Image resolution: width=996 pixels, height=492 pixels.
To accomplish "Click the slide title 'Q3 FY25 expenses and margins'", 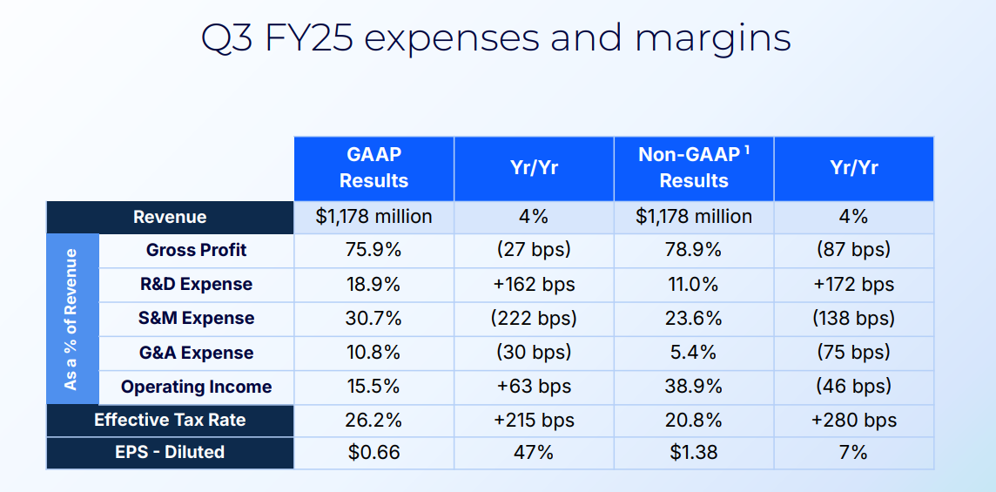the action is (496, 39).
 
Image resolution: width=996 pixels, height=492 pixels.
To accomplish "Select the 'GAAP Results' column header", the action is (373, 168).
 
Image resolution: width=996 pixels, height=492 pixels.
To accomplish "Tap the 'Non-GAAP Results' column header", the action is (694, 168).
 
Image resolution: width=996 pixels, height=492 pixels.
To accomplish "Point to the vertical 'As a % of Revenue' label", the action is (71, 319).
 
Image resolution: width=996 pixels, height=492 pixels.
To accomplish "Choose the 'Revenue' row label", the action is (170, 217).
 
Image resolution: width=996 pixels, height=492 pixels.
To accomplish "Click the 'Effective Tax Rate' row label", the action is (170, 421).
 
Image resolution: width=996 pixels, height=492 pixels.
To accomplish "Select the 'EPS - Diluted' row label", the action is (170, 452).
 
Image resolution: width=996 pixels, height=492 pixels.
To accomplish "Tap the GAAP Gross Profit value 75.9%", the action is (373, 250).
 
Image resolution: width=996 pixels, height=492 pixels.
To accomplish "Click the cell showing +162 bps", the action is (534, 284).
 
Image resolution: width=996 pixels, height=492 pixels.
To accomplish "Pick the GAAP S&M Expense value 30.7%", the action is (373, 318).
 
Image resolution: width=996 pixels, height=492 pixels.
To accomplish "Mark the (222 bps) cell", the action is (534, 319).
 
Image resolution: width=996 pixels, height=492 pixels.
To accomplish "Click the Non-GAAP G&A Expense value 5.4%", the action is (694, 352).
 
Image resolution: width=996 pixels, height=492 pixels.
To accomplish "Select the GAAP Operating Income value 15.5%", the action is (373, 387).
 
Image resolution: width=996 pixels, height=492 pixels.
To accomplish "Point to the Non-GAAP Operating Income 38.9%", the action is (694, 387).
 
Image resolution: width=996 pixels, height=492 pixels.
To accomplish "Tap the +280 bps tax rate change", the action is (854, 421).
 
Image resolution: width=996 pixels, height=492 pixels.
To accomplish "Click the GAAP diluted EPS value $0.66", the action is (373, 453).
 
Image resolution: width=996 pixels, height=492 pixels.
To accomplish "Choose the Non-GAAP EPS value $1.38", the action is (694, 453).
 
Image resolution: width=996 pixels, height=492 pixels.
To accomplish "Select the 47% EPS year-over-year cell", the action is (534, 453).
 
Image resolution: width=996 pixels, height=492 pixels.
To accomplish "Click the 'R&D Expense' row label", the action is (196, 284).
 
